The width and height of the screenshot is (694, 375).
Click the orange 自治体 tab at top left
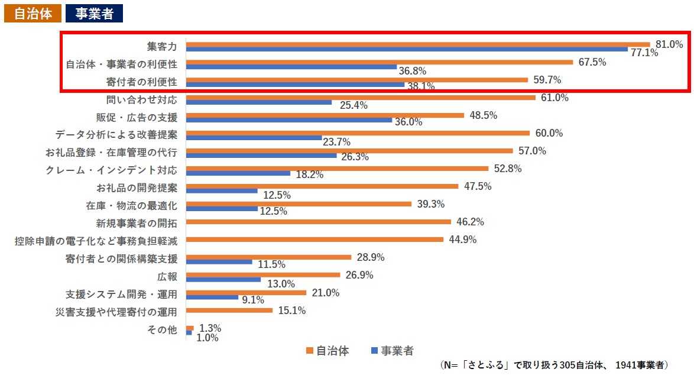pos(33,14)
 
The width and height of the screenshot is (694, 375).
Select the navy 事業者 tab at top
pos(95,14)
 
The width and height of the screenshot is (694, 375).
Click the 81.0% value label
pos(669,44)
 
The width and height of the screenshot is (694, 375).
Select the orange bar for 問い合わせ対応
pos(361,98)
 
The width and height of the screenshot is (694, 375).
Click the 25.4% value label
pos(354,106)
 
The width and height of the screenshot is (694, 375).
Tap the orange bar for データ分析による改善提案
pos(358,133)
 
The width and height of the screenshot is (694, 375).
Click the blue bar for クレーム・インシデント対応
pos(238,173)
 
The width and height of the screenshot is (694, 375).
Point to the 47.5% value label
pos(478,186)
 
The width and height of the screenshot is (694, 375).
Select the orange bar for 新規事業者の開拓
pos(319,222)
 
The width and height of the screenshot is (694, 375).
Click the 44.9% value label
pos(462,240)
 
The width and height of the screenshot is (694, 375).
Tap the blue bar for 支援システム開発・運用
pos(212,298)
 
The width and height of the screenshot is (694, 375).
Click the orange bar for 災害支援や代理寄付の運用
pos(229,311)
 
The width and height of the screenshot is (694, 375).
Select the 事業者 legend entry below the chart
pos(391,351)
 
